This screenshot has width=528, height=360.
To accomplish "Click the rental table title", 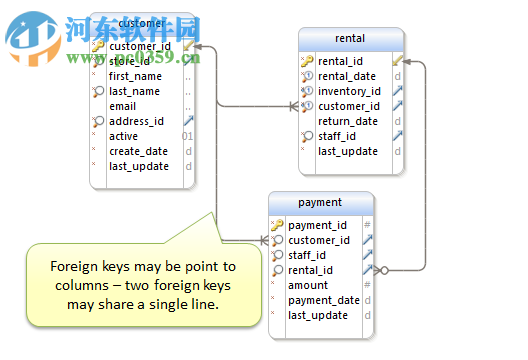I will [350, 40].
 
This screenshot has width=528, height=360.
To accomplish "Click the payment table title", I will [320, 203].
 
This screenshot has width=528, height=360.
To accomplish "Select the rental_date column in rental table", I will [347, 76].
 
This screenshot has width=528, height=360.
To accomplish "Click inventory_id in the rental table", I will [349, 91].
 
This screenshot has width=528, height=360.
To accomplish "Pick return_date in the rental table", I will [347, 121].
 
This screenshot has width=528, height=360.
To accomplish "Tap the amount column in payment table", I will [308, 285].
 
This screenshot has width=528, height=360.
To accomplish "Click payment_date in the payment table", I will [324, 300].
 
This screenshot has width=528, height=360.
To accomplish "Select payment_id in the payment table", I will [318, 225].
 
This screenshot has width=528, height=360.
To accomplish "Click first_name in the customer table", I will [135, 76].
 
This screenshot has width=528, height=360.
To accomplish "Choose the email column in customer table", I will [123, 106].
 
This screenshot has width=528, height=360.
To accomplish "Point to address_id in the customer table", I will [136, 121].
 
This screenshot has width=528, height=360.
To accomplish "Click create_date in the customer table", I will [138, 151].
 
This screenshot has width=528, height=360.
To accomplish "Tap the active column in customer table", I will [124, 136].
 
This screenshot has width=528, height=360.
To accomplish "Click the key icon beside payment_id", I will [278, 225].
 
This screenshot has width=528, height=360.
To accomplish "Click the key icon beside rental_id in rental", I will [308, 61].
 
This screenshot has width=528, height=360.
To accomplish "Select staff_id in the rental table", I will [338, 136].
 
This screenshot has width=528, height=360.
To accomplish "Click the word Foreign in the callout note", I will [71, 266].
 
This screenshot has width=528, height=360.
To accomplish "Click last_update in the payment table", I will [318, 315].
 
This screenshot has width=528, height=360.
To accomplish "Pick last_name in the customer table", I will [134, 91].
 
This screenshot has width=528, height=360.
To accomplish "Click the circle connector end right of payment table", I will [385, 269].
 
